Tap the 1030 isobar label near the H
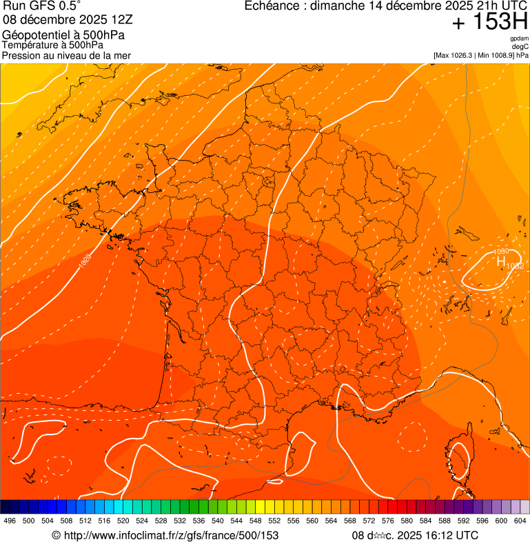pyautogui.click(x=501, y=252)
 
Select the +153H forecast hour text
pyautogui.click(x=489, y=22)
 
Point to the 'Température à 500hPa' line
pyautogui.click(x=53, y=45)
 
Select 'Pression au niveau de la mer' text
pyautogui.click(x=66, y=55)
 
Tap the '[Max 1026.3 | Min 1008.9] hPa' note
pyautogui.click(x=480, y=55)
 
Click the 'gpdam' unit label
pyautogui.click(x=520, y=39)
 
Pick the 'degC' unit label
pyautogui.click(x=520, y=47)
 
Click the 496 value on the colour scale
pyautogui.click(x=10, y=521)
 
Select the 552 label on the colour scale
pyautogui.click(x=274, y=521)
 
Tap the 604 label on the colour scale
pyautogui.click(x=520, y=521)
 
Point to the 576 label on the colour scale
pyautogui.click(x=387, y=521)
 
